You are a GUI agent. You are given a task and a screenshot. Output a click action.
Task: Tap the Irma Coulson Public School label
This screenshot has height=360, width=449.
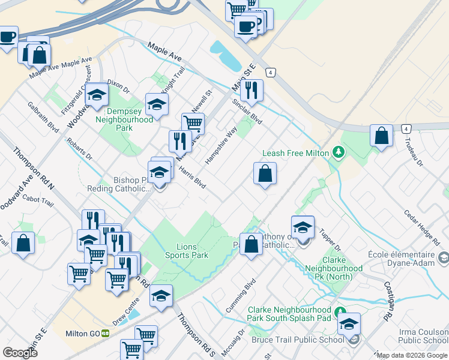coord(423,337)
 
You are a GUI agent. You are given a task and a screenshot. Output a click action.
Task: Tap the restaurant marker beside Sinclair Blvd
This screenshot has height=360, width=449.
coord(252,90)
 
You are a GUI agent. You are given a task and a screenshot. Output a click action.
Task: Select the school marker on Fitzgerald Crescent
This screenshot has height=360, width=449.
coord(96,95)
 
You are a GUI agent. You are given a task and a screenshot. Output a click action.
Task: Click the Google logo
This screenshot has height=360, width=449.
coord(20,353)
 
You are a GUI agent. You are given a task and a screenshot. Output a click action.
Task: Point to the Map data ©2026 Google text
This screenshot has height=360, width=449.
coord(412,355)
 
